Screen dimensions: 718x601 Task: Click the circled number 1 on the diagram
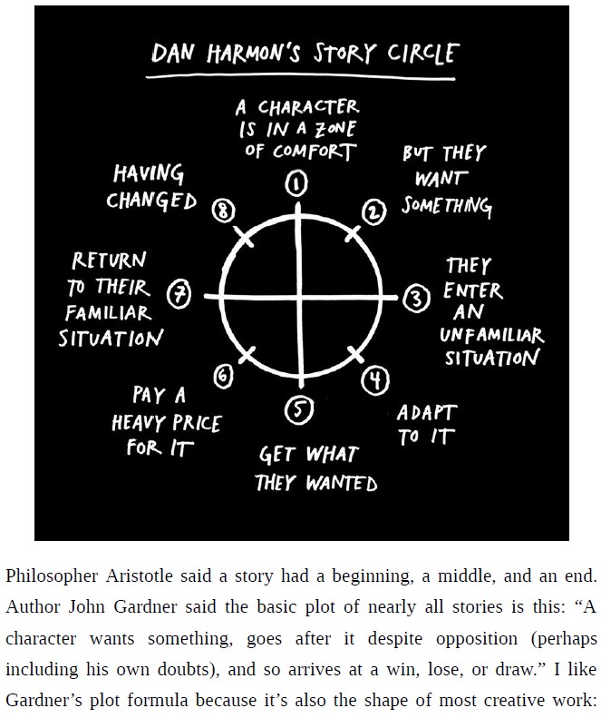coord(296,184)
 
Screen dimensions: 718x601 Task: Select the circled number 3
coord(415,297)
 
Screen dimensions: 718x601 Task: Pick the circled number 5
coord(296,411)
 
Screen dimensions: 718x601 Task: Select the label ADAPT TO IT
coord(426,425)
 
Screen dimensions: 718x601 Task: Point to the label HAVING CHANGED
coord(150,187)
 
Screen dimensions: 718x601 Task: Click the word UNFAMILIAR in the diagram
coord(492,335)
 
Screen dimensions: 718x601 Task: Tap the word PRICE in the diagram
coord(191,423)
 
